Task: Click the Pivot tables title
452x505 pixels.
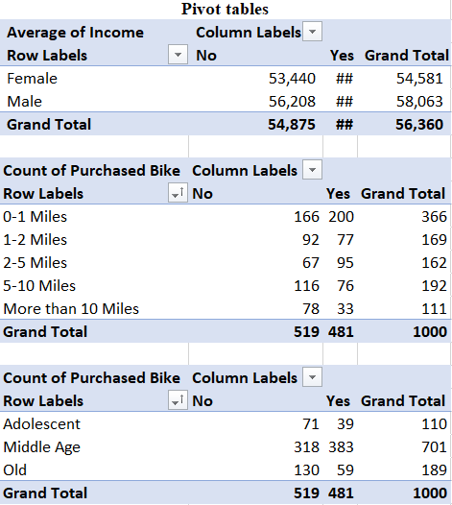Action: [x=225, y=9]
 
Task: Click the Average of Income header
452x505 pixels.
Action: [x=75, y=33]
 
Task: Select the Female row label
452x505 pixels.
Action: [x=33, y=79]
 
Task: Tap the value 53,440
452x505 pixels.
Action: [x=292, y=79]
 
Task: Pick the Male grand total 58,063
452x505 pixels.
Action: [x=419, y=102]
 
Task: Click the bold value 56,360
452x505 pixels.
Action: [x=419, y=125]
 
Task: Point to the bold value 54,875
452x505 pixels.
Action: [x=292, y=125]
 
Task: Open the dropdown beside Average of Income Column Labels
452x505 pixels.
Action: [x=312, y=32]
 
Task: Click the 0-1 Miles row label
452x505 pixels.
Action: [x=36, y=217]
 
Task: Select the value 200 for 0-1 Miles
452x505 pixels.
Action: [x=341, y=217]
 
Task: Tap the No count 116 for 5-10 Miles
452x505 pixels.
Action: [x=306, y=286]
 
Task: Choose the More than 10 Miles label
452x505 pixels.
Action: [x=71, y=309]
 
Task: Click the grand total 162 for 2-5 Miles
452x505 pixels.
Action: [x=434, y=263]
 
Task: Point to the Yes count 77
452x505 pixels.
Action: [x=345, y=240]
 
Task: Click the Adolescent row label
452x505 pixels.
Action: [x=42, y=424]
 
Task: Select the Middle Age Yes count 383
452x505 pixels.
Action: [x=341, y=447]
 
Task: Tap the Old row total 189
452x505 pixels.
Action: [x=434, y=470]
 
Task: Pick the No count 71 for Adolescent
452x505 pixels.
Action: [x=311, y=424]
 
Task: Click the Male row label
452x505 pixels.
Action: [x=24, y=102]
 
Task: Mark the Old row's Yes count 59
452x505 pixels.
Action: [x=345, y=470]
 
